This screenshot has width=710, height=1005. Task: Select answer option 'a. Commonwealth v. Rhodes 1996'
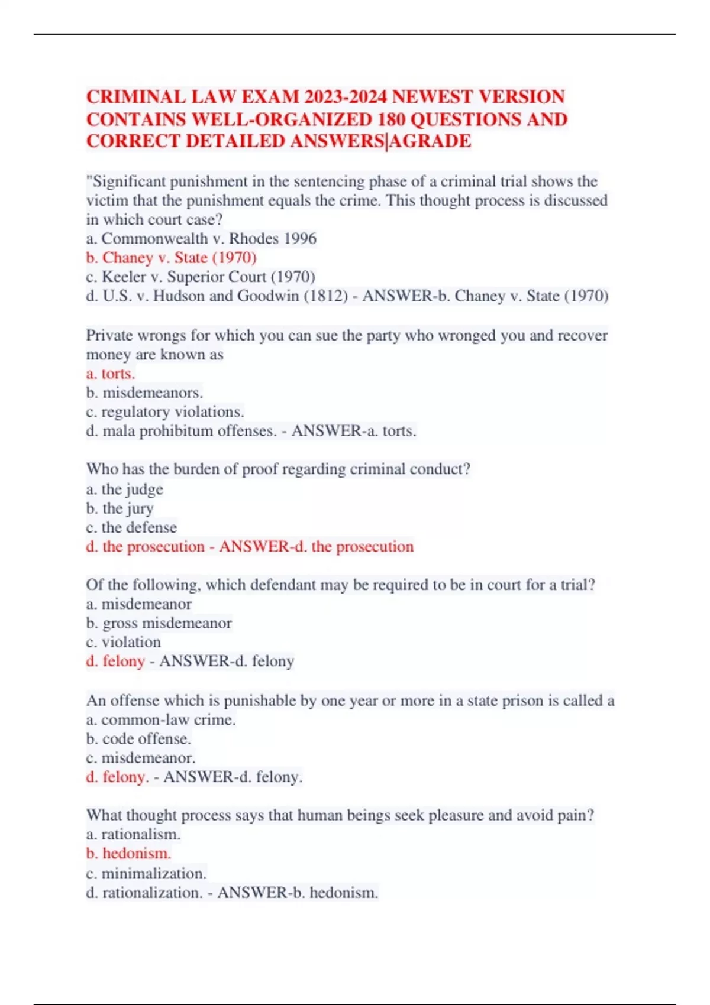(201, 239)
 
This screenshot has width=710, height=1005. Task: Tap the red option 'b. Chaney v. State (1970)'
(171, 258)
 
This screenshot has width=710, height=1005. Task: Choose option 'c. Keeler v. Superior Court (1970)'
(201, 277)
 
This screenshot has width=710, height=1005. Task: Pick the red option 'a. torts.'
(111, 374)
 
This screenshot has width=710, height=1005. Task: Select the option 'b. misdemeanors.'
(144, 393)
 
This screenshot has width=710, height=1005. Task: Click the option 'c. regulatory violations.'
(165, 411)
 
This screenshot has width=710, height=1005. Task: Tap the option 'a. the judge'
(124, 489)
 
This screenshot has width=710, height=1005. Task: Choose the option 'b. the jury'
(120, 508)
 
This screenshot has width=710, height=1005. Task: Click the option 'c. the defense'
(131, 527)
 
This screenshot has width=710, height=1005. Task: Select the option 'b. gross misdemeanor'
(159, 623)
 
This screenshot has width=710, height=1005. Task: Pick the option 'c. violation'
(123, 642)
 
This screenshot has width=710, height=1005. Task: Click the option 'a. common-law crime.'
(161, 720)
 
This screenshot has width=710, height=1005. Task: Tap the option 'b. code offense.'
(138, 739)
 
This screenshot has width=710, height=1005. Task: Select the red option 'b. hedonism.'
(128, 854)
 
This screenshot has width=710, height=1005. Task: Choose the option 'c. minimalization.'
(146, 874)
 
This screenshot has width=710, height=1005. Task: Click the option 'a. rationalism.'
(133, 835)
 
